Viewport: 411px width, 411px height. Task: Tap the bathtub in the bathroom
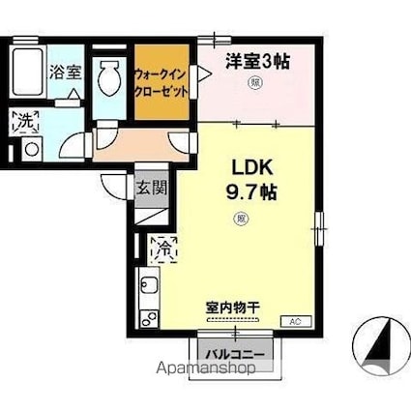(x=27, y=70)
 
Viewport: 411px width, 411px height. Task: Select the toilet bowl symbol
(x=111, y=76)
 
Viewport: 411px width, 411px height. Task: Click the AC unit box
(x=296, y=320)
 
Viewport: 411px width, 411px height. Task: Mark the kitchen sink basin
(x=149, y=287)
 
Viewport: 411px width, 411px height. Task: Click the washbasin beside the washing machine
(x=29, y=148)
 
